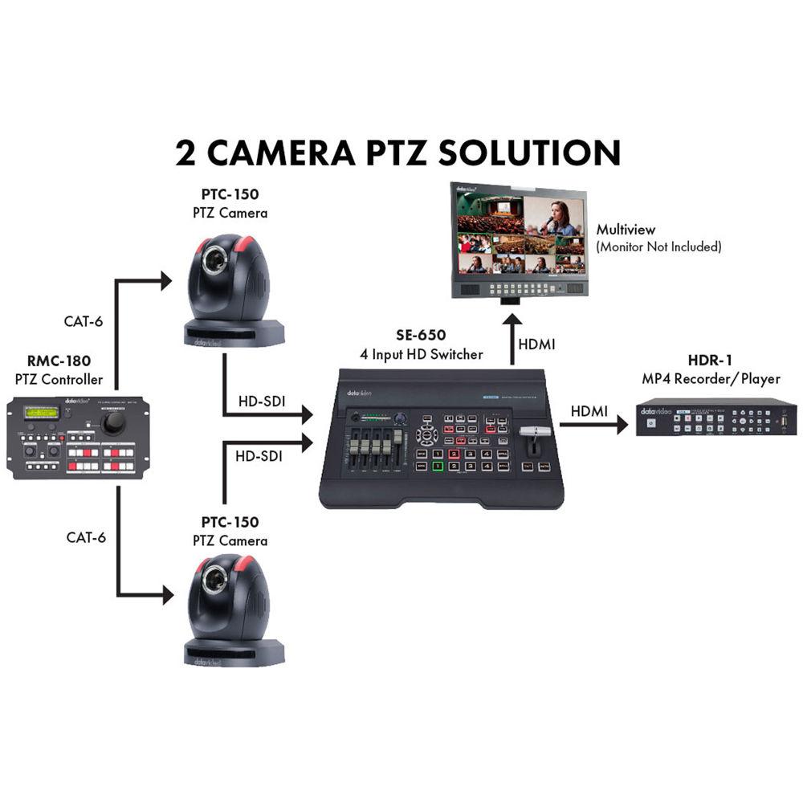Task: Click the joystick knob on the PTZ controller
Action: pyautogui.click(x=115, y=423)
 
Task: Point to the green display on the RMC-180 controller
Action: pyautogui.click(x=42, y=412)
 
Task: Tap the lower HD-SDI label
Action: pyautogui.click(x=259, y=455)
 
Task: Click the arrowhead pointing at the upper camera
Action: pyautogui.click(x=166, y=280)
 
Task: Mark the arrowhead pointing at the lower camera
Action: pyautogui.click(x=166, y=595)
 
